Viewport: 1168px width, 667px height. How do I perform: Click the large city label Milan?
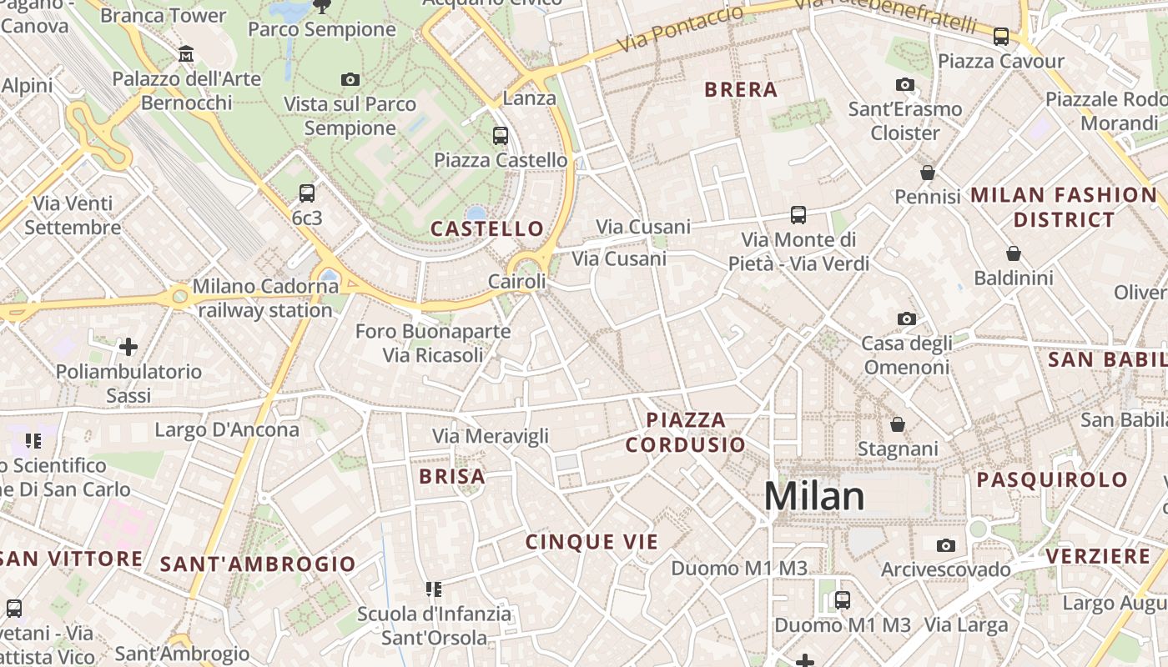pyautogui.click(x=814, y=497)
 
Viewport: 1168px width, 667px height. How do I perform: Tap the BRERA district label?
pyautogui.click(x=741, y=90)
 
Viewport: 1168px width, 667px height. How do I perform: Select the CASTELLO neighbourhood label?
pyautogui.click(x=487, y=228)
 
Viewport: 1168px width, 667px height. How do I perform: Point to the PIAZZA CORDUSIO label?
pyautogui.click(x=685, y=432)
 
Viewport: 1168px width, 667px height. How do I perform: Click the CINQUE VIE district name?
pyautogui.click(x=592, y=542)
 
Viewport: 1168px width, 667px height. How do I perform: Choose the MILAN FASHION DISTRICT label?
pyautogui.click(x=1064, y=208)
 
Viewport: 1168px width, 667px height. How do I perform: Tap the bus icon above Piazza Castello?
pyautogui.click(x=501, y=135)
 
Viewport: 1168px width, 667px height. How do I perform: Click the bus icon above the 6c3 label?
pyautogui.click(x=307, y=193)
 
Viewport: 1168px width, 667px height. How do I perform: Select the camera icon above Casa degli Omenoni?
pyautogui.click(x=906, y=318)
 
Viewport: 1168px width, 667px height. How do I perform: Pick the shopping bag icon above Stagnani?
pyautogui.click(x=898, y=424)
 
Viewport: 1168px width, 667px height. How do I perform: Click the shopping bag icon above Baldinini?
pyautogui.click(x=1014, y=253)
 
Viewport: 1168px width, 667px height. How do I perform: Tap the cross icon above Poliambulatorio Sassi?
pyautogui.click(x=128, y=346)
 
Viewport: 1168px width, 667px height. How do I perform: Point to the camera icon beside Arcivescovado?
pyautogui.click(x=945, y=545)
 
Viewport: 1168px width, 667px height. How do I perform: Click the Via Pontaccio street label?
pyautogui.click(x=680, y=30)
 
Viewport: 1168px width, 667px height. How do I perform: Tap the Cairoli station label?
pyautogui.click(x=517, y=282)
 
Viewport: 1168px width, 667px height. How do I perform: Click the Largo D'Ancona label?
pyautogui.click(x=227, y=430)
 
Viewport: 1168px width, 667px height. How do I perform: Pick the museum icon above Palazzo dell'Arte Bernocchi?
pyautogui.click(x=187, y=54)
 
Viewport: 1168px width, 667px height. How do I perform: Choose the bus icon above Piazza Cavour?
pyautogui.click(x=1001, y=37)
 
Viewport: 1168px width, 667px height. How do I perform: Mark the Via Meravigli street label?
pyautogui.click(x=491, y=436)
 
